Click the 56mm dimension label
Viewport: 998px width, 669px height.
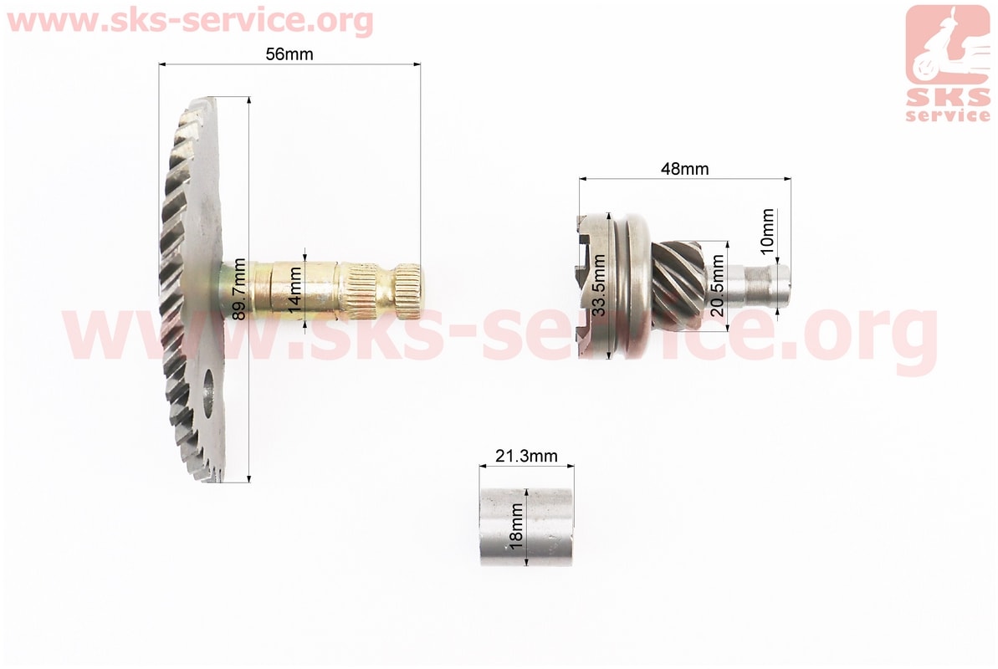pyautogui.click(x=289, y=54)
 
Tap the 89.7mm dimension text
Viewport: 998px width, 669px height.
pyautogui.click(x=239, y=289)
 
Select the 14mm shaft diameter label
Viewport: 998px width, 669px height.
pyautogui.click(x=294, y=289)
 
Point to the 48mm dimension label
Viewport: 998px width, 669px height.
pyautogui.click(x=684, y=169)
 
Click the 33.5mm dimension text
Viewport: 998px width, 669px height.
pyautogui.click(x=598, y=286)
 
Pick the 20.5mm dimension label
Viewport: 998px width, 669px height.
pyautogui.click(x=717, y=286)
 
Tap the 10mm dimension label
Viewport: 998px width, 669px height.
pyautogui.click(x=768, y=231)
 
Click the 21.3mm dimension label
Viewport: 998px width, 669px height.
pyautogui.click(x=526, y=456)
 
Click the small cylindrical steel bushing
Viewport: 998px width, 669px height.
pyautogui.click(x=527, y=526)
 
